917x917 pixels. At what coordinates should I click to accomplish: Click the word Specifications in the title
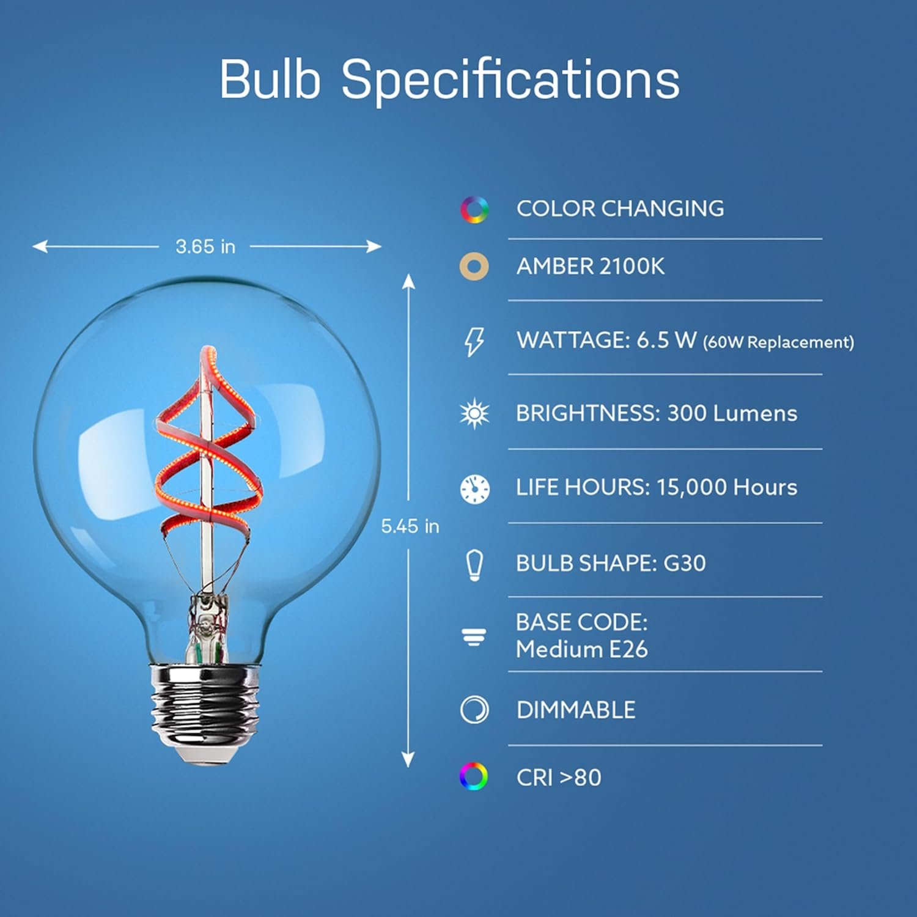(510, 80)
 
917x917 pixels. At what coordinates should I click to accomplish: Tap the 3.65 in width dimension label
(205, 246)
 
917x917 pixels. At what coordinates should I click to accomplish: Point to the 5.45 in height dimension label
(410, 526)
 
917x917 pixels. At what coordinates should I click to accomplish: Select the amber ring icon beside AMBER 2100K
(474, 267)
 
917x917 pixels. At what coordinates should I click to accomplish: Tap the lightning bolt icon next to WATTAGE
(474, 341)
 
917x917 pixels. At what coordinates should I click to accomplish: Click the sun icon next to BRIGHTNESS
(474, 414)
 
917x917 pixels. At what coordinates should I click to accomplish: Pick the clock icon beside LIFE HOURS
(474, 488)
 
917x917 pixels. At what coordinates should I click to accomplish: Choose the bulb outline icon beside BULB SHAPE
(474, 565)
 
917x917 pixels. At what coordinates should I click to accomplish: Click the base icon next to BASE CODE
(474, 637)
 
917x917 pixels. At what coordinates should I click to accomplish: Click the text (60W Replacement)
(778, 342)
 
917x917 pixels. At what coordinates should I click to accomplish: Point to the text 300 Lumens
(732, 413)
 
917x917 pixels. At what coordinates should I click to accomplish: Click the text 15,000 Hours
(727, 487)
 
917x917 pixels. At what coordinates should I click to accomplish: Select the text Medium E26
(581, 649)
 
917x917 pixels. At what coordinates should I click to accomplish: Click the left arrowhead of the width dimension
(40, 246)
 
